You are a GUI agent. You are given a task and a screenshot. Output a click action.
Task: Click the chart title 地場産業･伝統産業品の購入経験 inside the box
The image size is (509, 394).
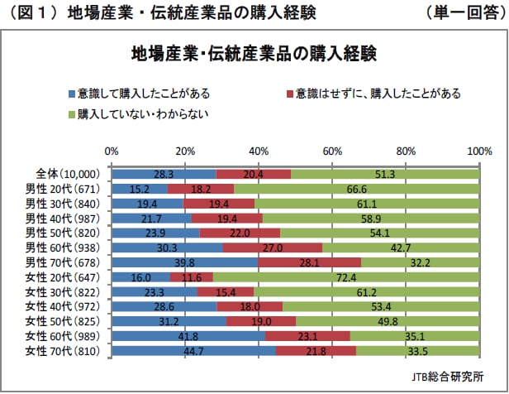(254, 55)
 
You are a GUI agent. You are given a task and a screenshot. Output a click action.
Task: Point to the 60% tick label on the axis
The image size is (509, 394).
(332, 151)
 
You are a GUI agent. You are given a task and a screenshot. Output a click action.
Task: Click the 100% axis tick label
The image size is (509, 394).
(479, 151)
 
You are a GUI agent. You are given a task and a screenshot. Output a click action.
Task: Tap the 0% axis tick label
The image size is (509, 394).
(112, 151)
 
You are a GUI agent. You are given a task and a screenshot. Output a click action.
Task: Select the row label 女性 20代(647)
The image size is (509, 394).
(62, 276)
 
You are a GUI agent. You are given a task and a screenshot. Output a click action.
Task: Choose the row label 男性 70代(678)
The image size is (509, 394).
(62, 262)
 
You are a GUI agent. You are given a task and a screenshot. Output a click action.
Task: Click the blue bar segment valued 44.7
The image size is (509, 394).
(193, 351)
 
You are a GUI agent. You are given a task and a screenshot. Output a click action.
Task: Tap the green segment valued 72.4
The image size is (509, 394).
(346, 276)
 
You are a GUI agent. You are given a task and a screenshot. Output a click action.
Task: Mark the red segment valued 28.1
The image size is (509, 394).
(310, 262)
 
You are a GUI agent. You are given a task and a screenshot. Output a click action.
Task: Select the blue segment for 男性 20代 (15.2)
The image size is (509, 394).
(139, 188)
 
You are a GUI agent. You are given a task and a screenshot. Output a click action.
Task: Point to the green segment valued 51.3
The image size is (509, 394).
(385, 174)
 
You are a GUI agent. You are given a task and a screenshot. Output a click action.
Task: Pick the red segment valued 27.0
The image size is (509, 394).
(273, 247)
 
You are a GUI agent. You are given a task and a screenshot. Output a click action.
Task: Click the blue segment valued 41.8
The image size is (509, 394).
(188, 336)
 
